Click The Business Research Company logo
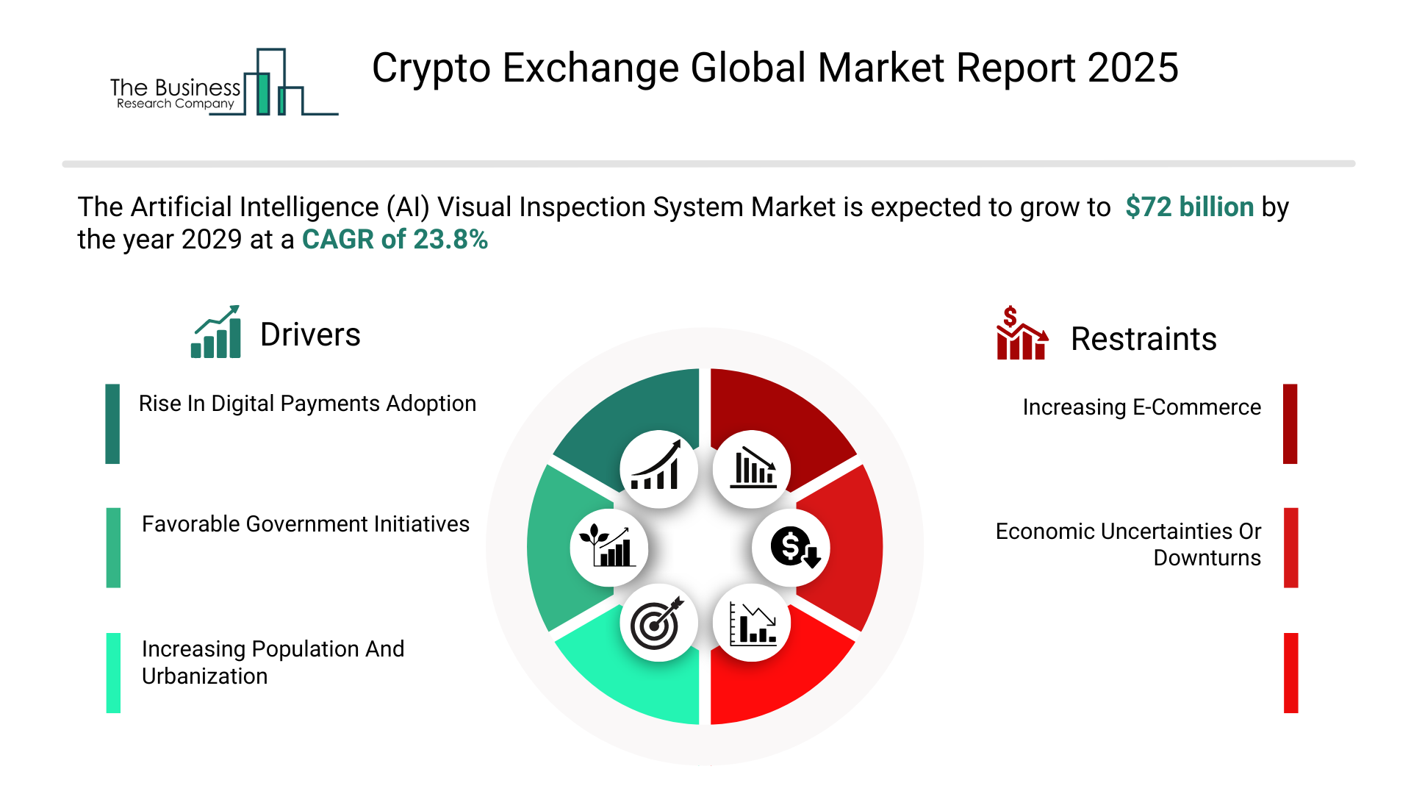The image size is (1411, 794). pos(224,82)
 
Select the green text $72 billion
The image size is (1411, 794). pos(1189,207)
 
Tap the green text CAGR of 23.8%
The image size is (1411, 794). pos(395,239)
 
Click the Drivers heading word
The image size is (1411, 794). pos(310,335)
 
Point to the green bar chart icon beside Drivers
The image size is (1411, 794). pos(216,332)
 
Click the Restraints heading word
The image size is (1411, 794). pos(1143,339)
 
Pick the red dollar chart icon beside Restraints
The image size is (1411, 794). pos(1022,333)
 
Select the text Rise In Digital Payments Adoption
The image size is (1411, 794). pos(307,404)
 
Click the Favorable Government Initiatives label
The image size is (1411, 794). pos(305,524)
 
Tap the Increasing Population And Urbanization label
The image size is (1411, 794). pos(273,662)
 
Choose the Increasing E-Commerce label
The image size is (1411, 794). pos(1141,407)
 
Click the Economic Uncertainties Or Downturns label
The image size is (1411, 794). pos(1128,544)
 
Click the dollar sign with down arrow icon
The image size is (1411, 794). pos(791,548)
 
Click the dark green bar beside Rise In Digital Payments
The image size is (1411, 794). pos(112,423)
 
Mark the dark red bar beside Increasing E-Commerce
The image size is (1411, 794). pos(1290,423)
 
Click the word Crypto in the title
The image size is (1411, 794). pos(431,69)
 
